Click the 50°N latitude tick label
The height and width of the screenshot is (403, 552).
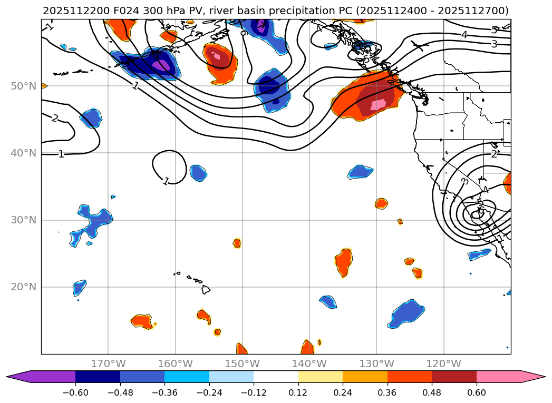click(23, 86)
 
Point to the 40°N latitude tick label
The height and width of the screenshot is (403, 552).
click(23, 153)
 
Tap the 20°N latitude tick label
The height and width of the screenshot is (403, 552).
click(23, 287)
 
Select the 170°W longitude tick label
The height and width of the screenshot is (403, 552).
click(108, 363)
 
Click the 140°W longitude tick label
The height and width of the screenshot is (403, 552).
click(309, 363)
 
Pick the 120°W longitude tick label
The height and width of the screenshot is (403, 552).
click(443, 363)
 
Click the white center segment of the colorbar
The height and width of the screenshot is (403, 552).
click(276, 376)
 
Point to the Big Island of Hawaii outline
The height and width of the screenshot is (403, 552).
click(206, 289)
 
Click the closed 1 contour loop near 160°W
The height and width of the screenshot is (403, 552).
click(169, 166)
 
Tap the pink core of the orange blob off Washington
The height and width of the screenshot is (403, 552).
click(378, 104)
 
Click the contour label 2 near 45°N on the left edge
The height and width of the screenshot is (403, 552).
click(55, 118)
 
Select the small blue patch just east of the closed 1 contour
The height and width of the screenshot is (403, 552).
click(198, 173)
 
